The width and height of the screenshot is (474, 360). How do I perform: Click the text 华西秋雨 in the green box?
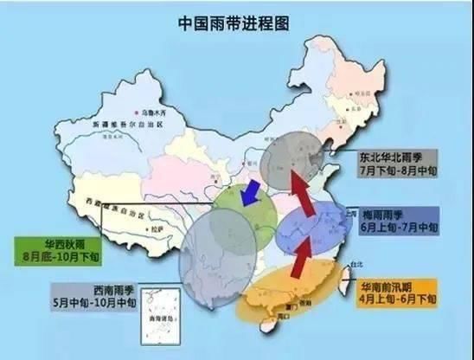pyautogui.click(x=54, y=245)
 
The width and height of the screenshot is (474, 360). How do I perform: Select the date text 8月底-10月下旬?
pyautogui.click(x=54, y=257)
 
